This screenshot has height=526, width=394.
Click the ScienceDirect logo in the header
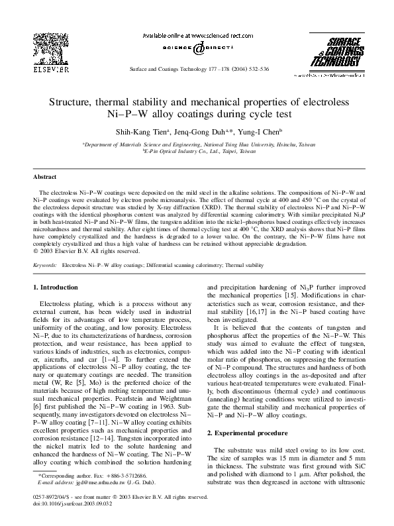(x=197, y=50)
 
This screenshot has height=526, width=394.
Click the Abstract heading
(x=45, y=177)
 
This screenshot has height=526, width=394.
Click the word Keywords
(x=45, y=264)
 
